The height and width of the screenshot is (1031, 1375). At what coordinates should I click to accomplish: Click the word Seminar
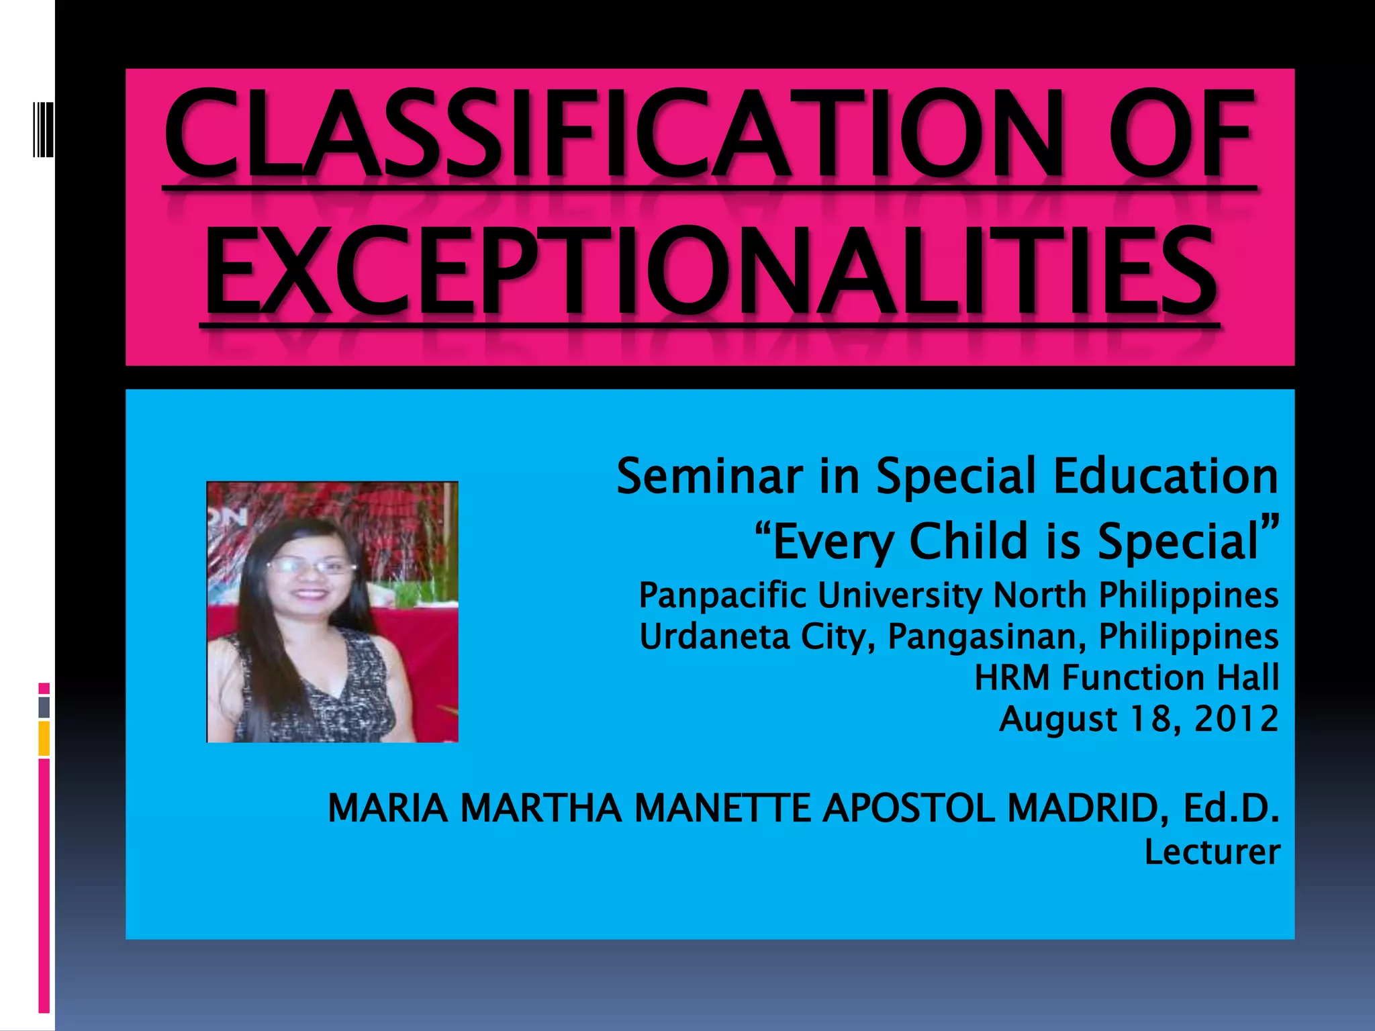(709, 476)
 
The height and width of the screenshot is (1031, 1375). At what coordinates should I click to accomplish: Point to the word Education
(1166, 476)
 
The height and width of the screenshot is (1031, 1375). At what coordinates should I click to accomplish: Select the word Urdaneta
(714, 636)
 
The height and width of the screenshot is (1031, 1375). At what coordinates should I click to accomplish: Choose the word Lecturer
(1212, 852)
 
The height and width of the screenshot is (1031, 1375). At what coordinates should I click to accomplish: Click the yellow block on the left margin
(44, 738)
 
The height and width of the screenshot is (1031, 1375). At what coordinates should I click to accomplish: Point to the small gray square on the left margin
(44, 707)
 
